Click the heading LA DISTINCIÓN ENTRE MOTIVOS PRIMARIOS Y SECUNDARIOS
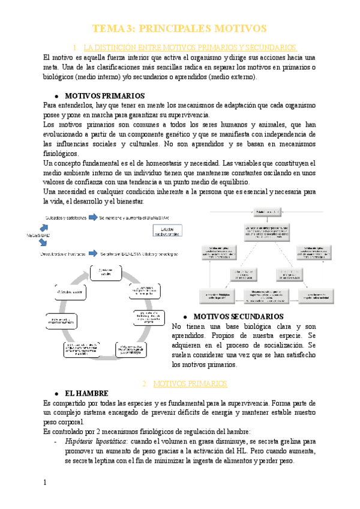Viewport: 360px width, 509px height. click(x=190, y=47)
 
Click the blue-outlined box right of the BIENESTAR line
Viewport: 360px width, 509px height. click(x=167, y=230)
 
